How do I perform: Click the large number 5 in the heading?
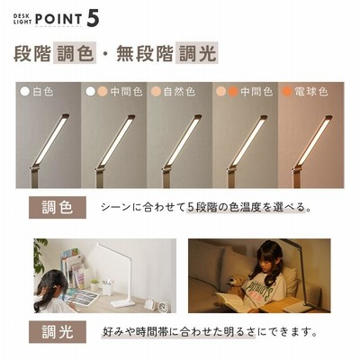93,19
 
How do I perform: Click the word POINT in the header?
58,19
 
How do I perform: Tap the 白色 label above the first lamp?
43,92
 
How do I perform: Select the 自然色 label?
179,92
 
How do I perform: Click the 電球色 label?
311,92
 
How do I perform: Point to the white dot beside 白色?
25,92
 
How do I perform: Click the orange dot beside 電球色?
287,92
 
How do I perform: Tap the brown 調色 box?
58,207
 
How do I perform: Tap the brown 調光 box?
58,332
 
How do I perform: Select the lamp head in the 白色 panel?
50,139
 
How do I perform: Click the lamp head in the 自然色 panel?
182,140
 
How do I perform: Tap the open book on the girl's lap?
233,301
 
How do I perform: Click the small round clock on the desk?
163,307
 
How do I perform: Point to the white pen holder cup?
107,287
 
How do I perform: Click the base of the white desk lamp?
122,302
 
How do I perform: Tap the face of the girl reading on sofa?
265,265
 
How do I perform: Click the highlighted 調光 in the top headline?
197,53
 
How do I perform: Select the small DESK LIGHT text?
22,19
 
